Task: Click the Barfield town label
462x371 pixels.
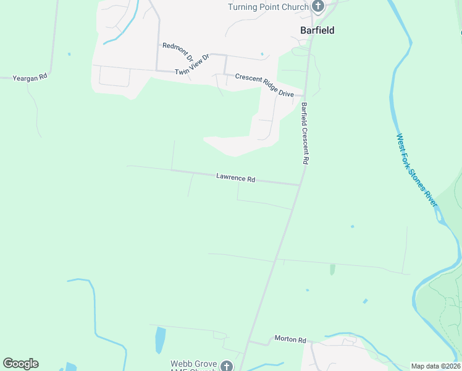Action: click(317, 30)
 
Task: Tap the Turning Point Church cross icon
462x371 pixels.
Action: click(318, 7)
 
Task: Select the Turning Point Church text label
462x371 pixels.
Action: click(267, 7)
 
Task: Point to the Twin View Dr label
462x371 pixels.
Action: click(192, 65)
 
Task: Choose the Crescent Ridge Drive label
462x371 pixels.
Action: click(264, 85)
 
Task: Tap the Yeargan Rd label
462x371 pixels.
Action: click(30, 77)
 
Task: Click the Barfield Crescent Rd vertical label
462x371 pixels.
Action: click(304, 133)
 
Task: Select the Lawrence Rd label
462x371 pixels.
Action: click(235, 178)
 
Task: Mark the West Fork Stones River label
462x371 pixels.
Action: click(417, 170)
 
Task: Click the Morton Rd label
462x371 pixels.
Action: click(290, 340)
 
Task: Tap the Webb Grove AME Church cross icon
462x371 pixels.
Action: click(227, 366)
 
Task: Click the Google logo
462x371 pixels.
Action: click(20, 364)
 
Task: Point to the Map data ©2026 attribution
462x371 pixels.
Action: click(435, 366)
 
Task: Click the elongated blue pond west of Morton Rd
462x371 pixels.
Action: click(161, 339)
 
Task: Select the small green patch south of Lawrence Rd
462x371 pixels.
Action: click(332, 270)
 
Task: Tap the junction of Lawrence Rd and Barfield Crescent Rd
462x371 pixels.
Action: click(300, 184)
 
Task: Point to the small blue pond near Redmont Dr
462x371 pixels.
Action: click(262, 54)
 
